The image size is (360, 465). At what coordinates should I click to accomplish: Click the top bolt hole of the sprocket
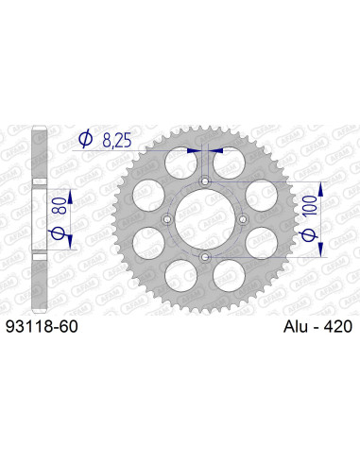(x=205, y=180)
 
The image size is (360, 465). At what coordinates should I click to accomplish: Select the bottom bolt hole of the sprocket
(x=205, y=256)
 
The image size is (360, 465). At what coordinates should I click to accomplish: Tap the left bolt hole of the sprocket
(x=166, y=218)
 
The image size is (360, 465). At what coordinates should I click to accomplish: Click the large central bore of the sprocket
(x=205, y=218)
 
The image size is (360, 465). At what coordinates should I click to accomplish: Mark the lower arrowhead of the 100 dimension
(x=319, y=251)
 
